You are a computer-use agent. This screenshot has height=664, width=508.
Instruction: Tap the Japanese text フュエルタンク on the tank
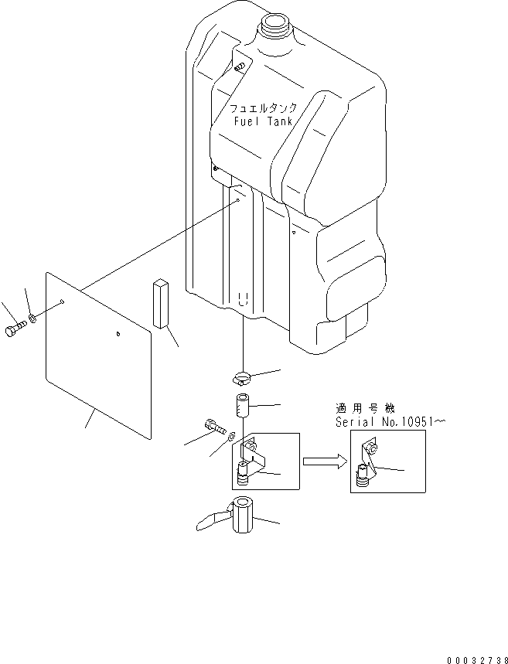[x=263, y=109]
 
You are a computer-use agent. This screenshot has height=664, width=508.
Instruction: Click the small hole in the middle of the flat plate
[x=117, y=334]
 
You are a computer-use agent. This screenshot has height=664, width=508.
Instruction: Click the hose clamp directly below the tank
[x=241, y=378]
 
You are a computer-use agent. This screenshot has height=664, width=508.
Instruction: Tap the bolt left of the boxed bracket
[x=213, y=425]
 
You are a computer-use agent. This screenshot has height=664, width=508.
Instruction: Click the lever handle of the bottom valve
[x=210, y=522]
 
